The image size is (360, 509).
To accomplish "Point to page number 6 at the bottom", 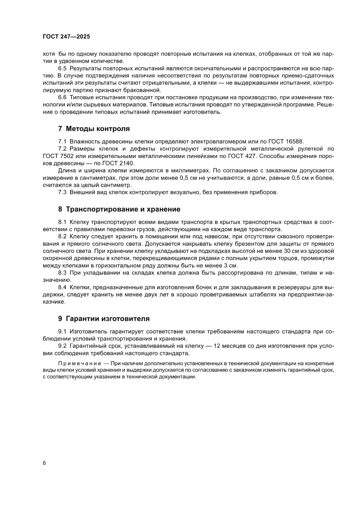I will pyautogui.click(x=44, y=463).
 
